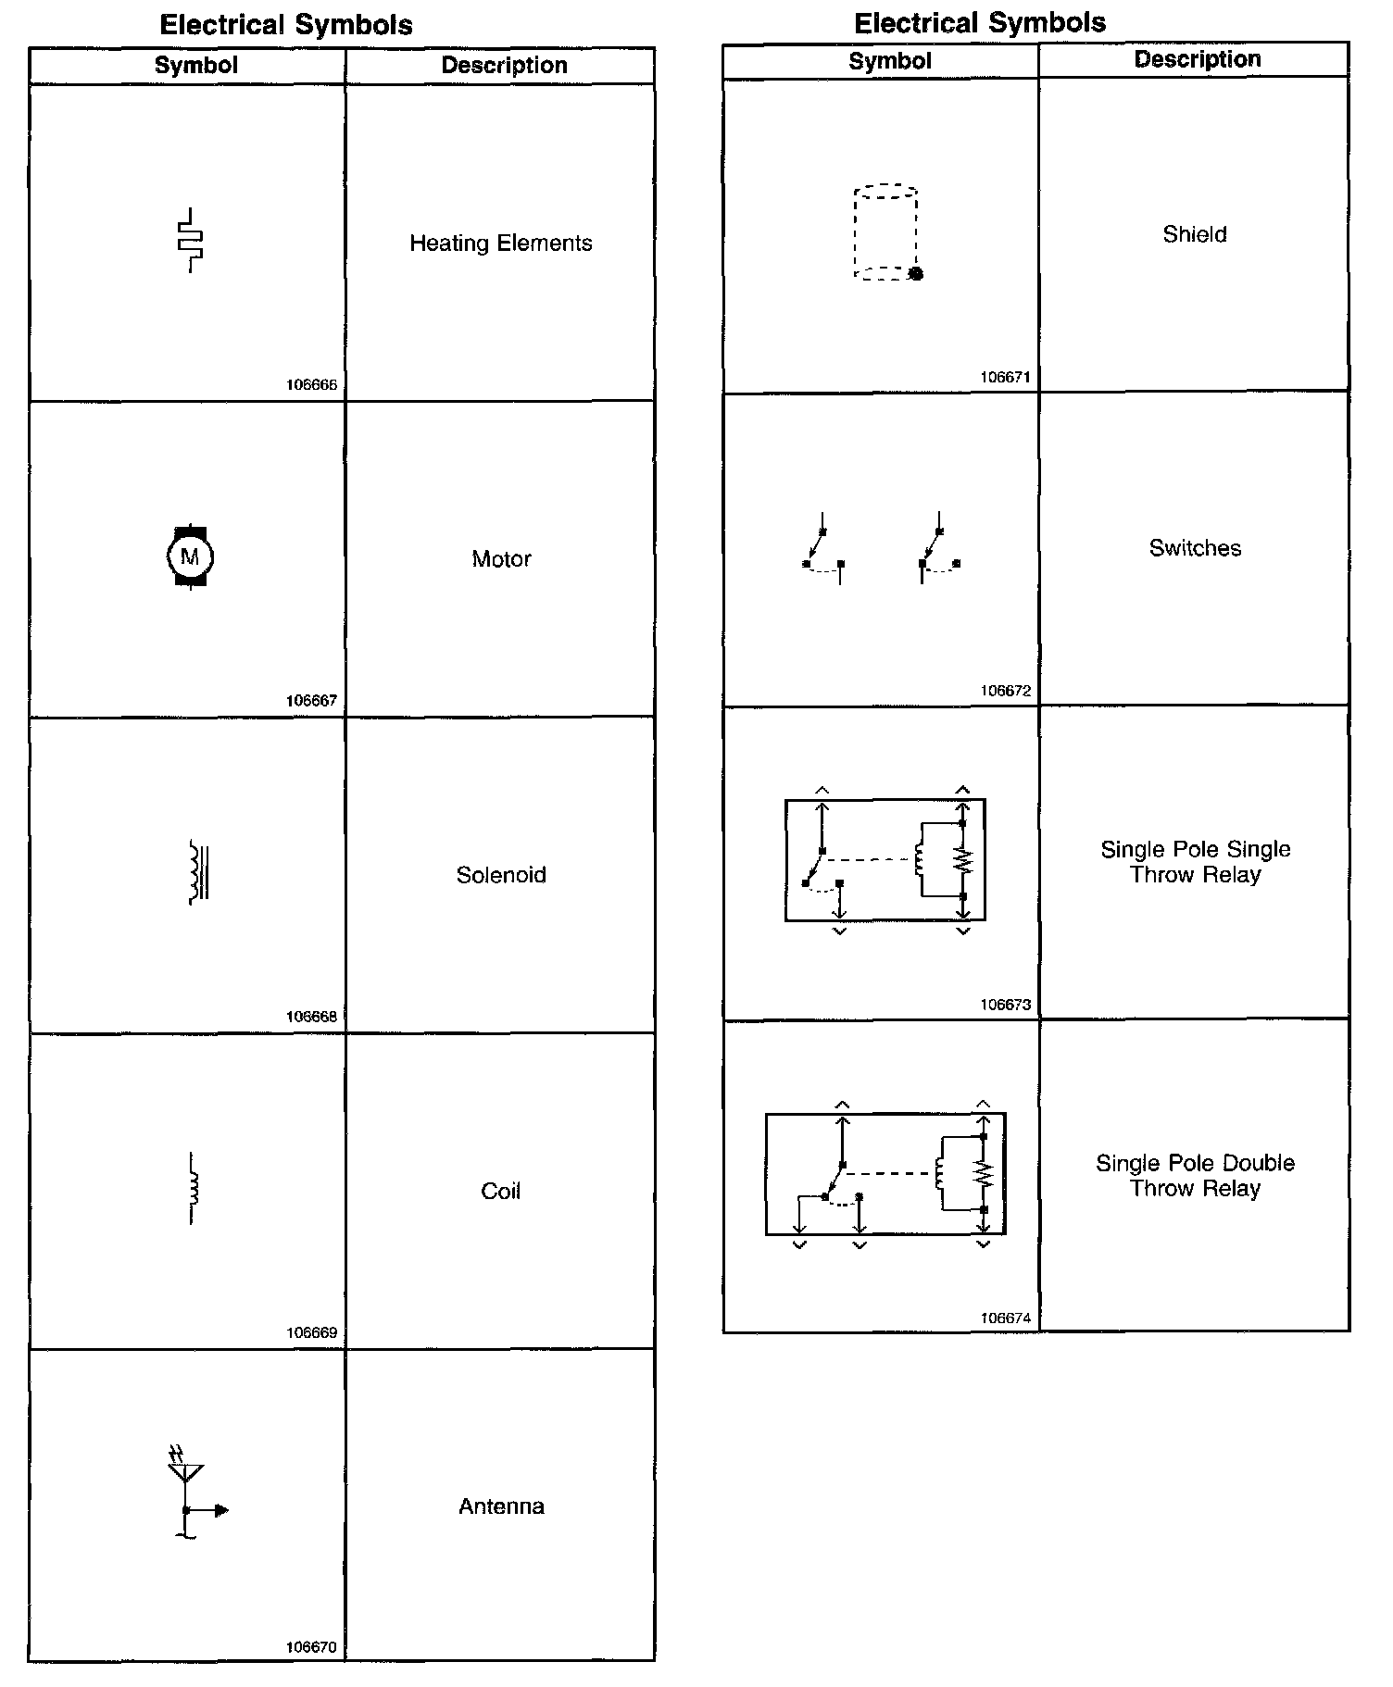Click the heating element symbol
click(x=191, y=241)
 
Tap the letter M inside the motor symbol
click(x=190, y=557)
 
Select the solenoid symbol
click(x=198, y=872)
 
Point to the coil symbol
click(x=193, y=1188)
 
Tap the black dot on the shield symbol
click(x=916, y=274)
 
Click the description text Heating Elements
click(x=500, y=244)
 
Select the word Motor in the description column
click(x=501, y=559)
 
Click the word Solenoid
click(x=501, y=875)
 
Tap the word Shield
click(x=1195, y=234)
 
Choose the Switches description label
click(x=1195, y=548)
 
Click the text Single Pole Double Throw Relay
click(x=1195, y=1176)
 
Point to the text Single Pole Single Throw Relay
click(x=1195, y=862)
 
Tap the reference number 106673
click(x=1005, y=1005)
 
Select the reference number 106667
click(x=311, y=701)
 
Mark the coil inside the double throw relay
click(x=939, y=1174)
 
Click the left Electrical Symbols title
click(x=286, y=25)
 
